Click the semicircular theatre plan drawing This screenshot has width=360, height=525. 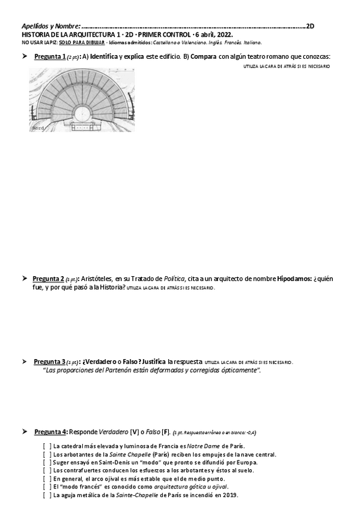coord(82,100)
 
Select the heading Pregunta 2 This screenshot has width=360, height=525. coord(48,279)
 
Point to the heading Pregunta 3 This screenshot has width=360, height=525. coord(49,362)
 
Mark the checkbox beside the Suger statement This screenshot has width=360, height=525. coord(46,462)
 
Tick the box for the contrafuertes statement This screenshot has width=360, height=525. coord(46,471)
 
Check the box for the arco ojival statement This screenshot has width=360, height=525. coord(46,479)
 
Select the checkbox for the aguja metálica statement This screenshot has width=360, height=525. coord(46,495)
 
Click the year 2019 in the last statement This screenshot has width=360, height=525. coord(230,495)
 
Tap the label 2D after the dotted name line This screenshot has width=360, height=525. coord(311,26)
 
